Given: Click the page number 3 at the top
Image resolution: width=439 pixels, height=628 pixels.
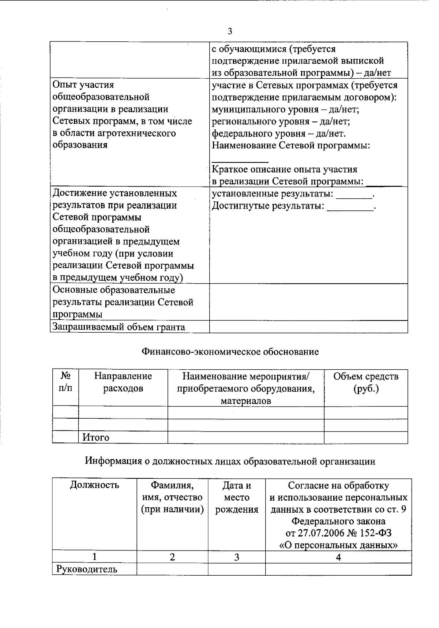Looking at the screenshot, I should click(230, 31).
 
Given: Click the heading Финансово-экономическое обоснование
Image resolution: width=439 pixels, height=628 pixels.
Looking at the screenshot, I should click(230, 352).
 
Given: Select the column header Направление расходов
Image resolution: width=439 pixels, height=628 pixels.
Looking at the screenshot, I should click(123, 382).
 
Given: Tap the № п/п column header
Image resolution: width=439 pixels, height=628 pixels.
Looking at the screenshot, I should click(65, 382).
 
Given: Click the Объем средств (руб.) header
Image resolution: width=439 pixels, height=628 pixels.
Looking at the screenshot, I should click(365, 382).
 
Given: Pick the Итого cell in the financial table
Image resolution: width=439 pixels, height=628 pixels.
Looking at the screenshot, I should click(96, 437).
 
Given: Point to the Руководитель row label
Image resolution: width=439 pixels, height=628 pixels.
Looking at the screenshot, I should click(87, 569).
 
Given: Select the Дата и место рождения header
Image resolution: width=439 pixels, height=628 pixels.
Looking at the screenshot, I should click(237, 497).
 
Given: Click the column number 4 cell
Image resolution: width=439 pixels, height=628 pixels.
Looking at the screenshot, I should click(338, 557).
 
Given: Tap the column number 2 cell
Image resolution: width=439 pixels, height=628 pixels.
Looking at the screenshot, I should click(172, 557).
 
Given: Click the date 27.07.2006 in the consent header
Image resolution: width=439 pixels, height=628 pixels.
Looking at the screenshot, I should click(324, 533).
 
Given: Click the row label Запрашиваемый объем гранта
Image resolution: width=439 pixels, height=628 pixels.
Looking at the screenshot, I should click(119, 327).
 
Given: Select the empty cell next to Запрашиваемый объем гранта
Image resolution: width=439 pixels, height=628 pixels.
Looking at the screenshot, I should click(308, 327).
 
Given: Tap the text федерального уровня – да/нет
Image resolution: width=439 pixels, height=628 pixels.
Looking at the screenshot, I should click(279, 134).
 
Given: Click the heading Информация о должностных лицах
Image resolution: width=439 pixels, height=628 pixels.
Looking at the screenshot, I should click(230, 461).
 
